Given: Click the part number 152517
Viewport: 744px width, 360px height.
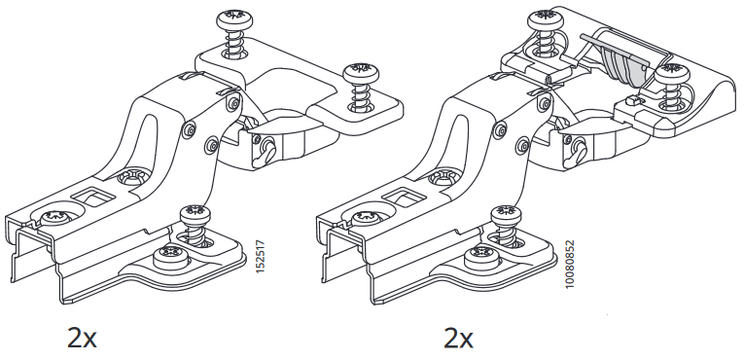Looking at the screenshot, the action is tap(260, 257).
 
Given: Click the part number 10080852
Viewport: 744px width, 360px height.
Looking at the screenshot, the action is tap(570, 264).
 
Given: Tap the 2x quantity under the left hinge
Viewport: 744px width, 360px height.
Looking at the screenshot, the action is tap(82, 338).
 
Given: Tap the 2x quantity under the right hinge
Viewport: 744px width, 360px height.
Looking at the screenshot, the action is tap(458, 338).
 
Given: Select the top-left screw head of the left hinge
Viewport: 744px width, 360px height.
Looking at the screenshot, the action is tap(234, 20).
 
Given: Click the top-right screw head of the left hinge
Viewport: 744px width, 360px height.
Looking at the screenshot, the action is tap(361, 72).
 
